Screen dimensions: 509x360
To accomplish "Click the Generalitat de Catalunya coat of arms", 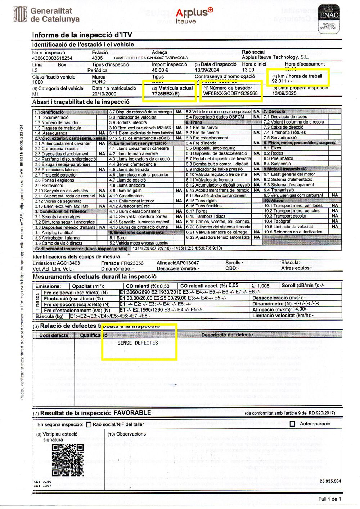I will pos(20,14).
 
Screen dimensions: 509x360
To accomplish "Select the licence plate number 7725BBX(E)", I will pos(166,94).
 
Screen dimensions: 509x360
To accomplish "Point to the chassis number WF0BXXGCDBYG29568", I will pos(230,94).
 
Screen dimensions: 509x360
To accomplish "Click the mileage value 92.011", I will pos(279,81).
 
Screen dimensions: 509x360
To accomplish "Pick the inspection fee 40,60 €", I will pos(160,70).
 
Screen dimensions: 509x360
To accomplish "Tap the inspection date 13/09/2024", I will pos(207,70).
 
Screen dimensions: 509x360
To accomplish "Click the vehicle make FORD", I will pos(99,82).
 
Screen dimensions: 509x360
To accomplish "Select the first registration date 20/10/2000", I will pos(104,94).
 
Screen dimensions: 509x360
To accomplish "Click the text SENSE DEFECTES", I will pos(138,343).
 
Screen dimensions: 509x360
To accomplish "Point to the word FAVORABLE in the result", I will pos(132,413).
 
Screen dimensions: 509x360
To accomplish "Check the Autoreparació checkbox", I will pos(292,424).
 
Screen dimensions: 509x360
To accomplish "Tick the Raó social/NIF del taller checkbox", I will pos(89,425).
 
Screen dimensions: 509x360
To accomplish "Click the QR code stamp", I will pos(67,460).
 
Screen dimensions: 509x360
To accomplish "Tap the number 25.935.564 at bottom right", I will pos(330,481).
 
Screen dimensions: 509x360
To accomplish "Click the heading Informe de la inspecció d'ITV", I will pos(82,35).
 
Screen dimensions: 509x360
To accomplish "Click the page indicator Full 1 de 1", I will pos(329,499).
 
